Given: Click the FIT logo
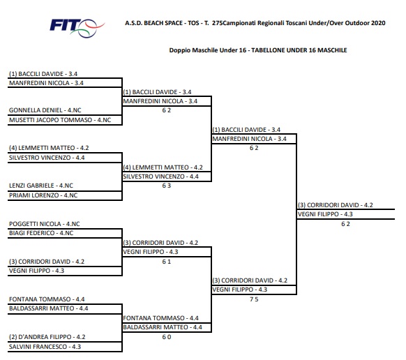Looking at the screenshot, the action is click(x=77, y=28).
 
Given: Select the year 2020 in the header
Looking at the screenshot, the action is click(x=378, y=23).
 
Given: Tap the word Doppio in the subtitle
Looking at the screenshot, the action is click(x=178, y=50).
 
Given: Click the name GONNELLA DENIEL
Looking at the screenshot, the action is click(x=36, y=110).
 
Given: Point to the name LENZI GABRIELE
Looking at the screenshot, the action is click(x=31, y=186).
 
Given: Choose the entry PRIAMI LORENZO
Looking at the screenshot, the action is click(x=34, y=195).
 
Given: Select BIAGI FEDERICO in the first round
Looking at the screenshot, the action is click(x=32, y=233).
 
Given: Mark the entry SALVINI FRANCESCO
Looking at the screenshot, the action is click(x=38, y=347).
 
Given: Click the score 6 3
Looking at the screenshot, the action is click(x=167, y=186).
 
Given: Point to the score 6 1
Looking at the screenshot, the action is click(x=167, y=262).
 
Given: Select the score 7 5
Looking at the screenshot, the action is click(x=254, y=299).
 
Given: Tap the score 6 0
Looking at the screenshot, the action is click(x=167, y=337).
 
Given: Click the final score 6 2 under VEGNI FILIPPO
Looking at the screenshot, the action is click(x=345, y=224).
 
